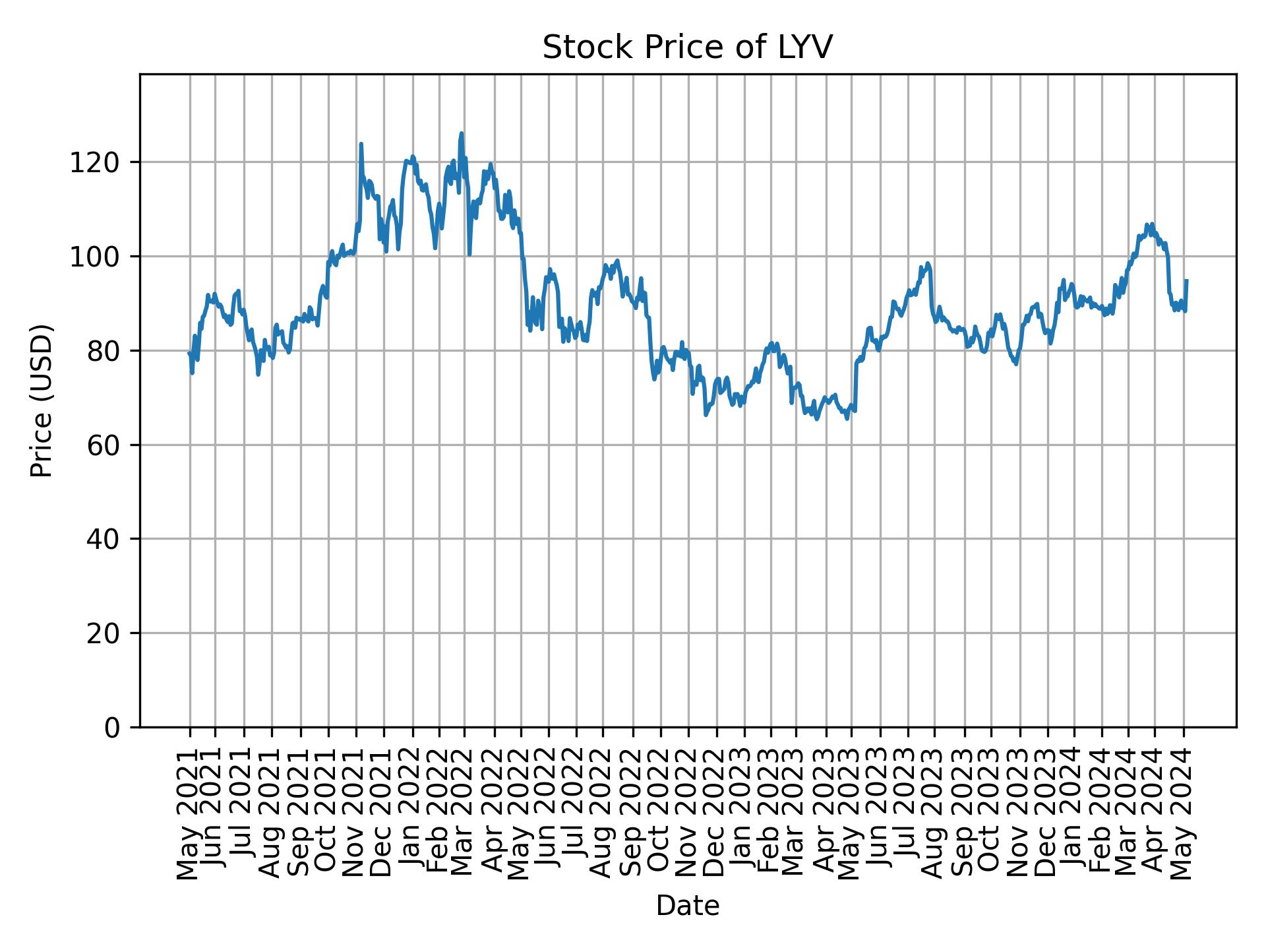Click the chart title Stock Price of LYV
point(687,48)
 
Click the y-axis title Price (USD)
point(42,400)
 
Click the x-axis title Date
point(687,906)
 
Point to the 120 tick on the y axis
point(99,162)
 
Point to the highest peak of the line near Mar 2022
point(462,133)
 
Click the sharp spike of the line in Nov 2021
point(361,144)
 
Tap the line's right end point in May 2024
point(1187,280)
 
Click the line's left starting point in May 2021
point(189,353)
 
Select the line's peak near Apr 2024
point(1152,224)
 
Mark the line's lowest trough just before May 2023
point(847,418)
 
